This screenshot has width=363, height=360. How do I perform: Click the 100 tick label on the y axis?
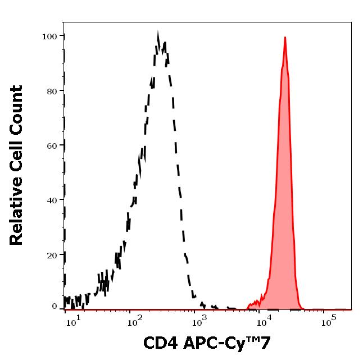coord(49,37)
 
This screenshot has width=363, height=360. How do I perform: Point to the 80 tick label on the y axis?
coord(52,91)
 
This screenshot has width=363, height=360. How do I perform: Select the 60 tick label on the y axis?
coord(52,145)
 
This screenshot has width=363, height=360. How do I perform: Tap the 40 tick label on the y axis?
coord(52,200)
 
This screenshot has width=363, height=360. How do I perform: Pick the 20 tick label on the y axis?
coord(52,254)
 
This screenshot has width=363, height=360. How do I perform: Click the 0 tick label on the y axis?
coord(55,307)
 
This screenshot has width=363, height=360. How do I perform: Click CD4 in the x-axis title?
coord(157,343)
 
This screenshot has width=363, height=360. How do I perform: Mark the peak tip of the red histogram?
coord(285,38)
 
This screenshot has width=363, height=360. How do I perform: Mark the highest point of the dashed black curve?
coord(158,35)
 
